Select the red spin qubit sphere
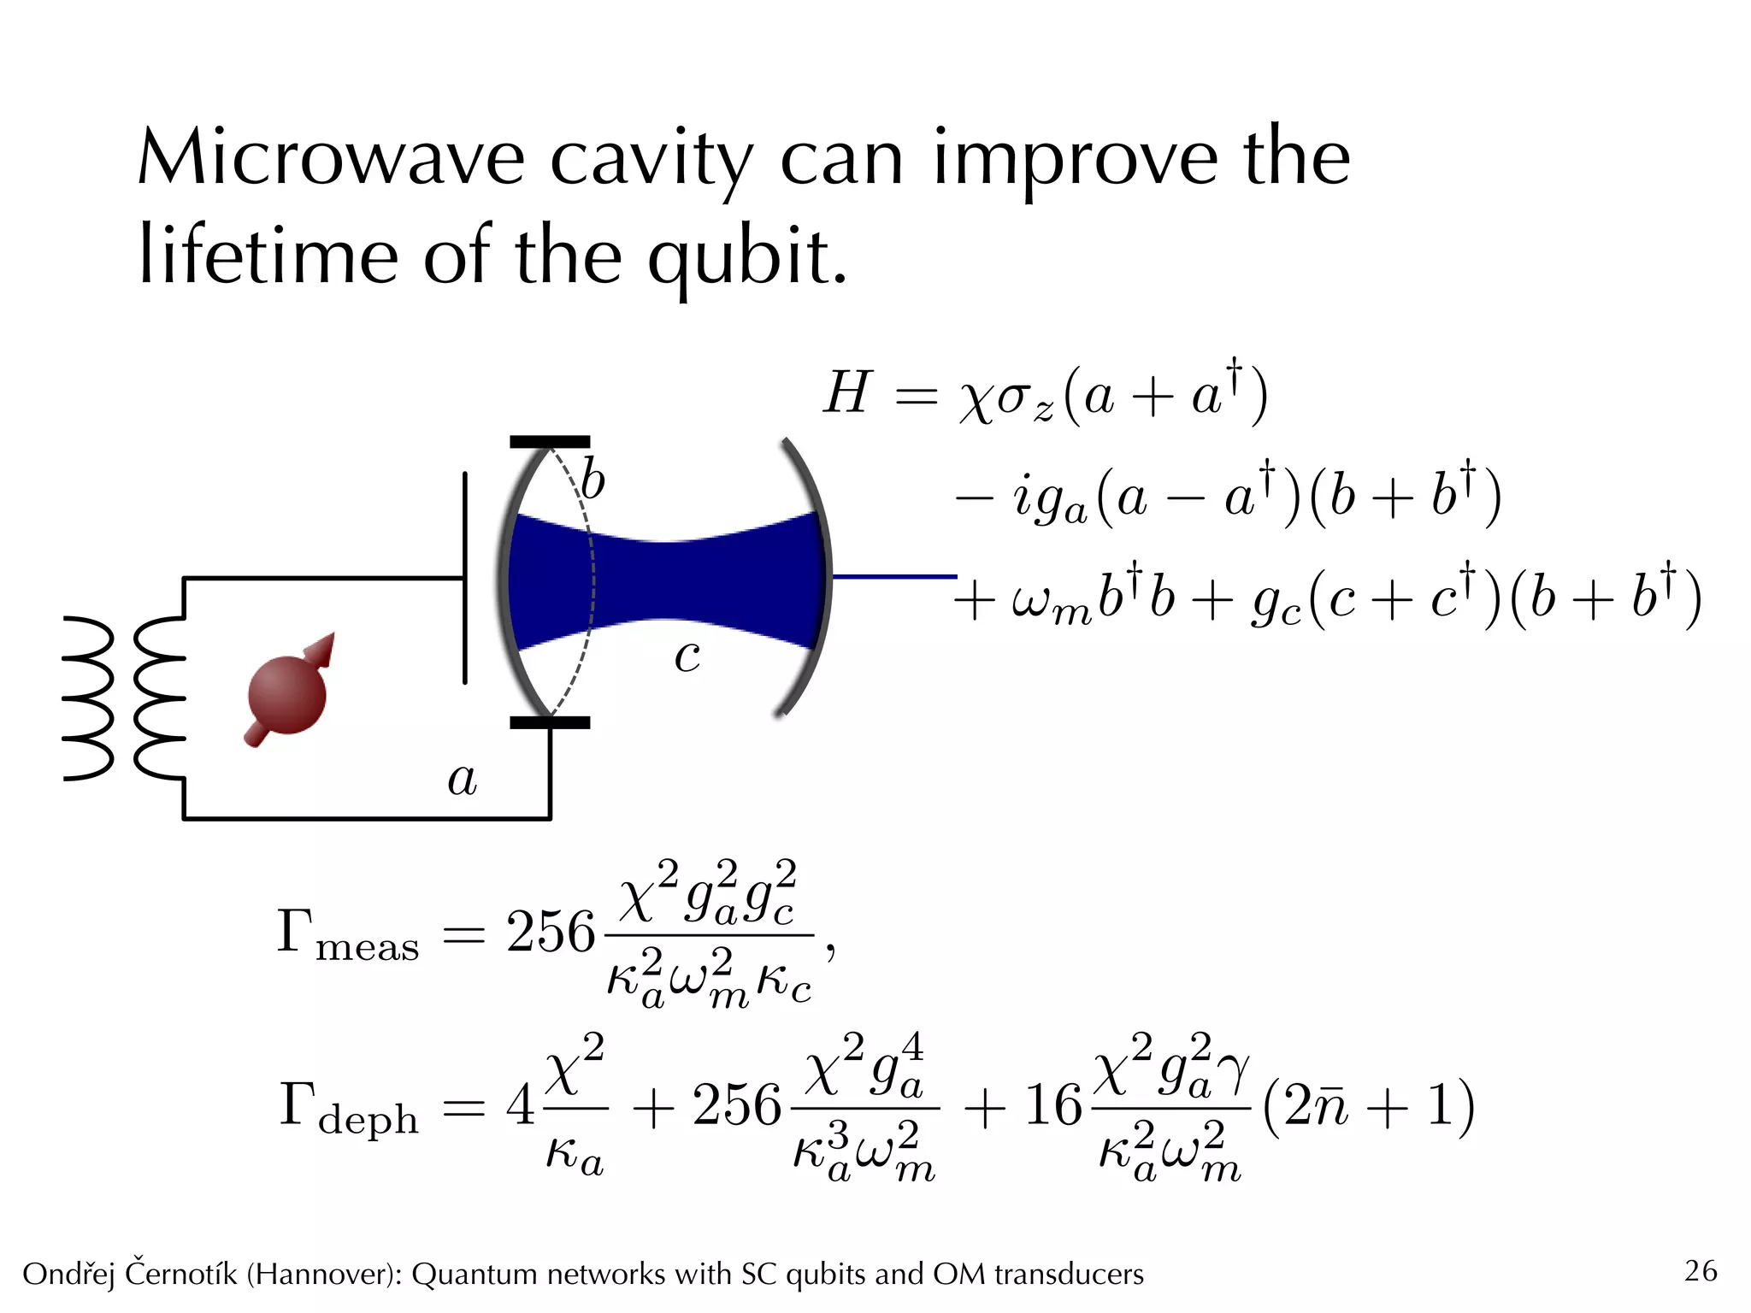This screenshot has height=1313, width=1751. (287, 694)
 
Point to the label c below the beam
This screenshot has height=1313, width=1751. (687, 656)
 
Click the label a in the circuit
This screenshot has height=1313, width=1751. (463, 779)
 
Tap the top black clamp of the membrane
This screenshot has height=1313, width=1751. (550, 442)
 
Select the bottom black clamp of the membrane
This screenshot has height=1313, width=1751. (550, 722)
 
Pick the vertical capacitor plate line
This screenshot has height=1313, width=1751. (465, 578)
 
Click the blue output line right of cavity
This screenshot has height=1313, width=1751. (893, 577)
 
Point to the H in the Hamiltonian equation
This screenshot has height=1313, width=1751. (847, 393)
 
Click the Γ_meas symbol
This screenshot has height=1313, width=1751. (347, 933)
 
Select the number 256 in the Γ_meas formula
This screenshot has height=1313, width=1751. (550, 932)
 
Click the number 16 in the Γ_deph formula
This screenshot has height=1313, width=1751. (1053, 1105)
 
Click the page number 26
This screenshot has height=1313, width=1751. (1700, 1271)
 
